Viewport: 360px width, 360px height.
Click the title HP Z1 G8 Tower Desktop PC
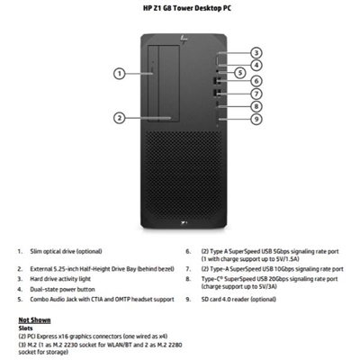[179, 8]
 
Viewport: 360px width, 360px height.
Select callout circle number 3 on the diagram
[256, 53]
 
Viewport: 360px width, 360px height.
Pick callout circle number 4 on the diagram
[256, 65]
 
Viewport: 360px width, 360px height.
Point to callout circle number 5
[240, 72]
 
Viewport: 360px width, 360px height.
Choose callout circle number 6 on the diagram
[256, 80]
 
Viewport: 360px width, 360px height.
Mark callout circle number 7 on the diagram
[256, 93]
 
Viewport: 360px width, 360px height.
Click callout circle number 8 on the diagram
[256, 106]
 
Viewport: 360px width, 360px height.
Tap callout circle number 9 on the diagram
[256, 119]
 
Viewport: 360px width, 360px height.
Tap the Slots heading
[27, 328]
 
